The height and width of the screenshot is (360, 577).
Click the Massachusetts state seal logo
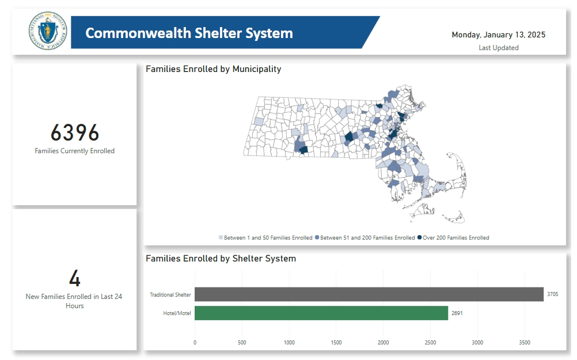[48, 32]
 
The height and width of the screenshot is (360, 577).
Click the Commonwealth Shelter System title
[189, 33]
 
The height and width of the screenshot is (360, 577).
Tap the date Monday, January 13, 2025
[498, 35]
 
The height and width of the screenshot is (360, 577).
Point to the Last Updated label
[498, 48]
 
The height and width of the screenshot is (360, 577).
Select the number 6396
[75, 133]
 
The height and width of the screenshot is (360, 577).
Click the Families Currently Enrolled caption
[75, 151]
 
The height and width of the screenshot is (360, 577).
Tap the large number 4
[75, 279]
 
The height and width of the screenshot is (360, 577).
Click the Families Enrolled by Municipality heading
[213, 69]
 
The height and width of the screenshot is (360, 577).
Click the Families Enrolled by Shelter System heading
[221, 259]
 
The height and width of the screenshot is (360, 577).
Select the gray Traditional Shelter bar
[369, 294]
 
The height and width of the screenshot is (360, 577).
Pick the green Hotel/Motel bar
[321, 313]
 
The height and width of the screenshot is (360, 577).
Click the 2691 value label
[457, 313]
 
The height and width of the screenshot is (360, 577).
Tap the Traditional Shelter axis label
[170, 295]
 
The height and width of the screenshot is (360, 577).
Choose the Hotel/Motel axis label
[177, 313]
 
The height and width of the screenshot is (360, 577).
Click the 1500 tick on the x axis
[336, 343]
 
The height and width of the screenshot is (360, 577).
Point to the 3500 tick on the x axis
[525, 343]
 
